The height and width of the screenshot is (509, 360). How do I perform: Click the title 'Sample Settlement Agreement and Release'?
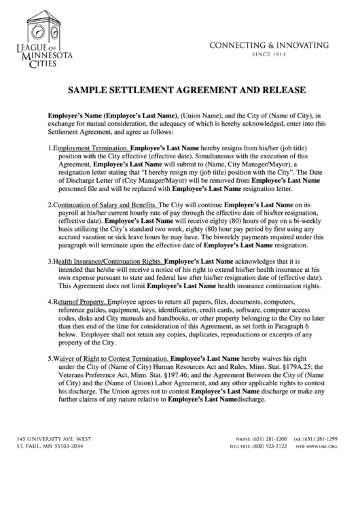pos(179,90)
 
